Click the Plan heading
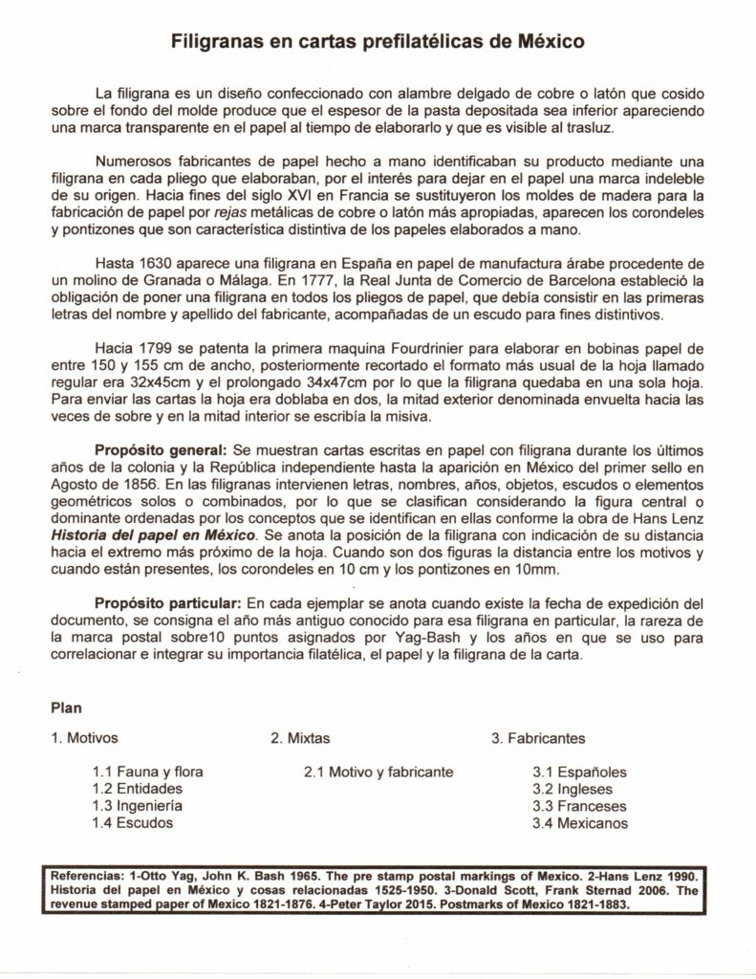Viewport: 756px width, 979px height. click(x=64, y=708)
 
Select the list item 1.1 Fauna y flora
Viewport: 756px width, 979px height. click(x=147, y=772)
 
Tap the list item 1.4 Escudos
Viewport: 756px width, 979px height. click(x=133, y=822)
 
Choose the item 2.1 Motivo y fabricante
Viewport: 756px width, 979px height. click(x=378, y=772)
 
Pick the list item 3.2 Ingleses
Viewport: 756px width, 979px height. click(x=572, y=789)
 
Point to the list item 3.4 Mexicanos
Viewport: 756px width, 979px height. click(x=580, y=822)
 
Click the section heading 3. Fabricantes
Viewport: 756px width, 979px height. click(x=538, y=738)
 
